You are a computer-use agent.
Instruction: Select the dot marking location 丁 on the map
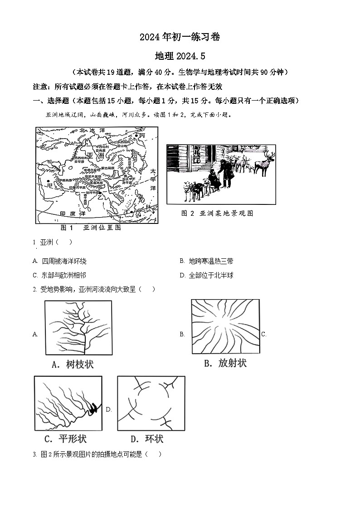point(132,211)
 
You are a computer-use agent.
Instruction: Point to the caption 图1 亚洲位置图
point(91,228)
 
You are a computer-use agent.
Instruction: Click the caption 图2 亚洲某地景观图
point(217,213)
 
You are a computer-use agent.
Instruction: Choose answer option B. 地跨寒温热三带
point(206,261)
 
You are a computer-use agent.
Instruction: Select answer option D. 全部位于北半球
point(206,275)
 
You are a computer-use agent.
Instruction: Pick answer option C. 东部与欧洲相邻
point(59,275)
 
